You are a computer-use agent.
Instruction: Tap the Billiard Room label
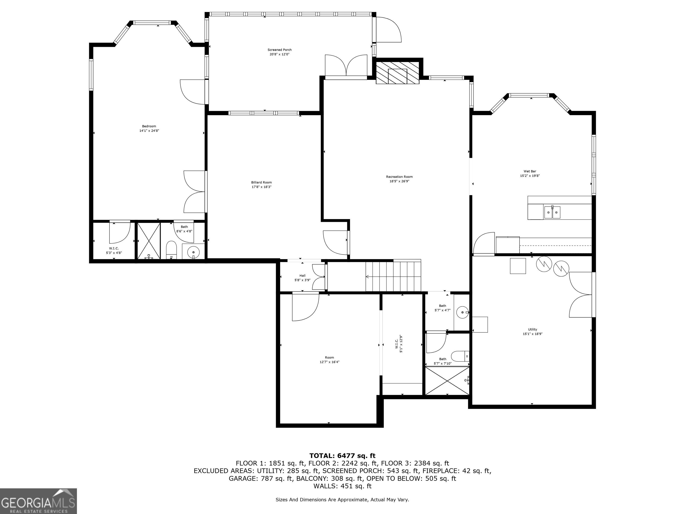click(261, 182)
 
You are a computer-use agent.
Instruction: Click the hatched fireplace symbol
click(397, 73)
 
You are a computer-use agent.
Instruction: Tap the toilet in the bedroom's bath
click(171, 250)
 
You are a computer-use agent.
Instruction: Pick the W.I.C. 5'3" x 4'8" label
click(114, 251)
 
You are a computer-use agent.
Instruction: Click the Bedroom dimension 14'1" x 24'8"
click(149, 131)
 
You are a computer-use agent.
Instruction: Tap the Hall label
click(302, 276)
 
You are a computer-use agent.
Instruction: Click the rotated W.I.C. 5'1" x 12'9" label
click(398, 344)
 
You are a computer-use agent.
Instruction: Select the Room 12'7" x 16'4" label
click(330, 359)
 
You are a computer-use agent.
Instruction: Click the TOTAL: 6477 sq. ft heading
click(342, 456)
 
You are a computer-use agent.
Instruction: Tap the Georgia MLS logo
click(38, 501)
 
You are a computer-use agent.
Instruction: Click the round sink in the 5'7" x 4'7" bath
click(462, 312)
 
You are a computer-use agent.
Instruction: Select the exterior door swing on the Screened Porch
click(389, 29)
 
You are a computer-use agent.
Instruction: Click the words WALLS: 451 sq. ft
click(342, 486)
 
